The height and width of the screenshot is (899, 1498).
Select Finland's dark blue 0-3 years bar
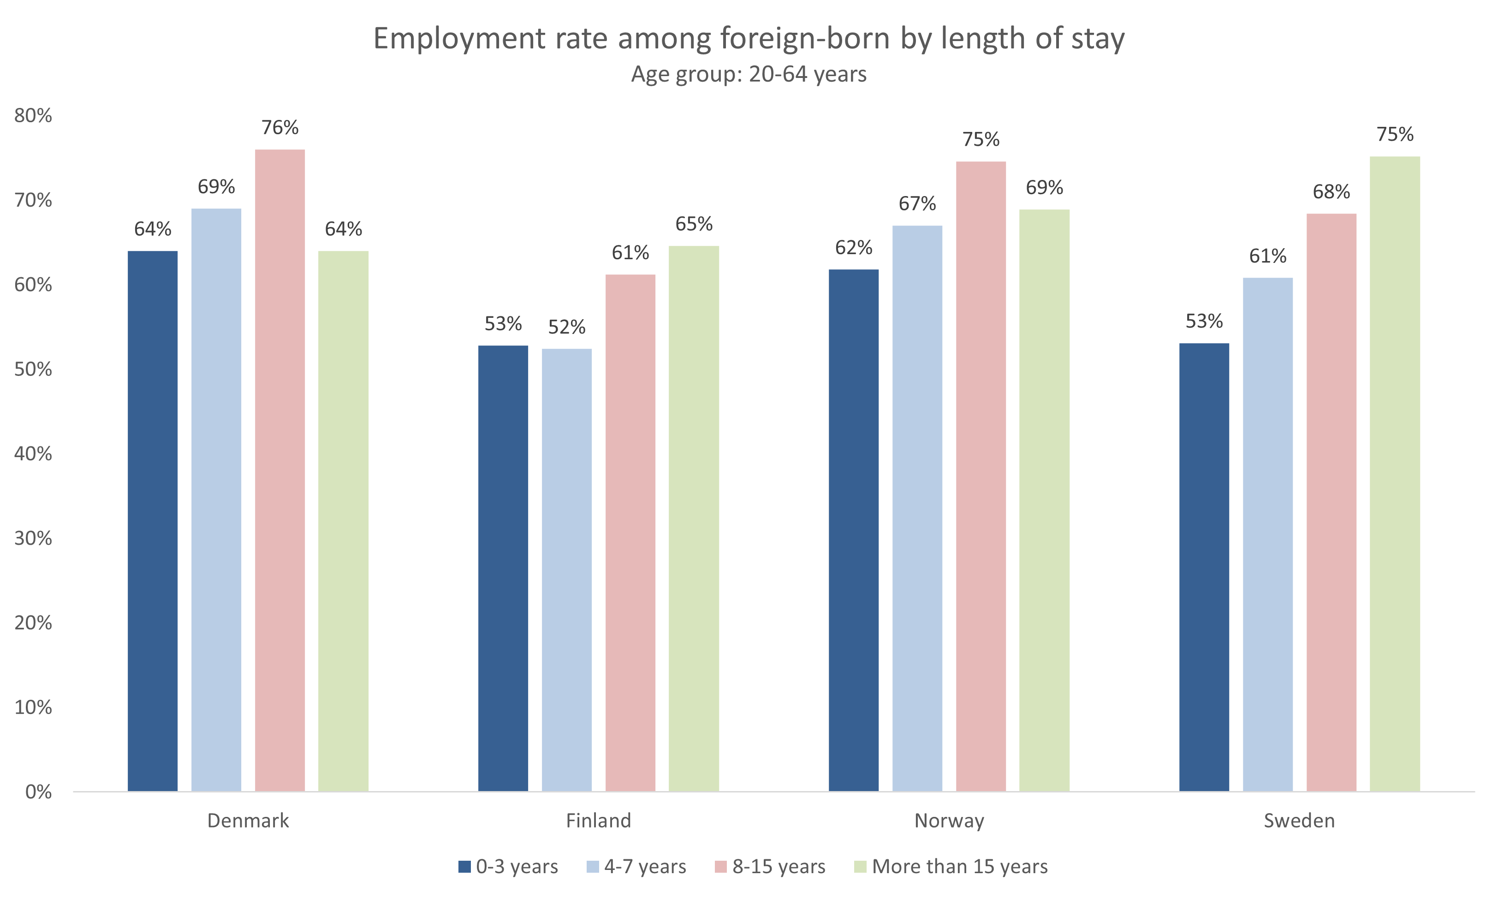tap(503, 568)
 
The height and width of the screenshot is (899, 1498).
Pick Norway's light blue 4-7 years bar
tap(916, 508)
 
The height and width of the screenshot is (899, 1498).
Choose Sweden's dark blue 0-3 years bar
tap(1204, 566)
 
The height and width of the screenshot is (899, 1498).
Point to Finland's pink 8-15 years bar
tap(630, 532)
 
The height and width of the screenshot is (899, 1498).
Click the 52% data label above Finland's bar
tap(566, 327)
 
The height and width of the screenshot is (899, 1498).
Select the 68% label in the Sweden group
tap(1331, 192)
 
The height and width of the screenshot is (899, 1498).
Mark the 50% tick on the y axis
tap(33, 369)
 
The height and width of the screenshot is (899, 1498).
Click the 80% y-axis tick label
tap(33, 115)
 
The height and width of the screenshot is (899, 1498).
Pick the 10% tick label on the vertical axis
tap(33, 707)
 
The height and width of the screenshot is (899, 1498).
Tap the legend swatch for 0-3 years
tap(464, 866)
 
